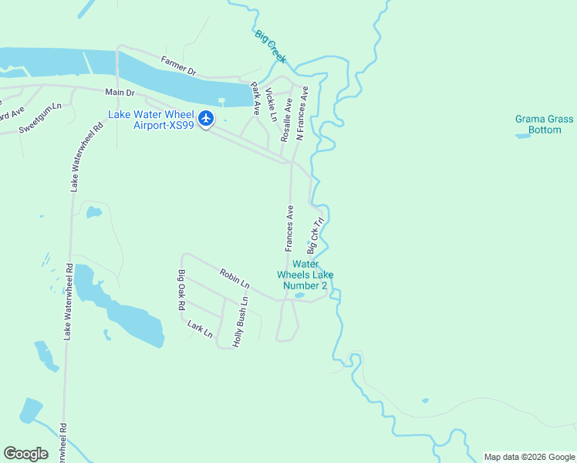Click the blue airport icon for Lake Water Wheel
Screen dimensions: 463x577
(x=205, y=119)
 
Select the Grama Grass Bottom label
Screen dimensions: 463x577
(x=545, y=124)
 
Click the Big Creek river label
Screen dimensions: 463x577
(x=270, y=46)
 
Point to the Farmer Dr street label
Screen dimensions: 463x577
(x=178, y=66)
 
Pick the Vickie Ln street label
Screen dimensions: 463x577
(x=271, y=105)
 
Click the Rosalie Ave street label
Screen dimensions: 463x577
(x=286, y=114)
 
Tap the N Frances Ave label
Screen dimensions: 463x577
(x=302, y=113)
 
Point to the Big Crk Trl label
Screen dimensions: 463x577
(x=314, y=235)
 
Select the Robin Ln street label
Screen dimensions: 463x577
(x=235, y=279)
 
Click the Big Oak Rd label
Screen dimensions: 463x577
(x=182, y=290)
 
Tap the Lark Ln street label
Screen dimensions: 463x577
(x=200, y=329)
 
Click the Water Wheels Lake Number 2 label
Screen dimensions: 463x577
(x=305, y=275)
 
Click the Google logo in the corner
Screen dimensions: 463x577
(x=25, y=454)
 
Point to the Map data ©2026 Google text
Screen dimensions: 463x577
(x=529, y=457)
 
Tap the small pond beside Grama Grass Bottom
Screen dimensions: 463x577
(x=522, y=136)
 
